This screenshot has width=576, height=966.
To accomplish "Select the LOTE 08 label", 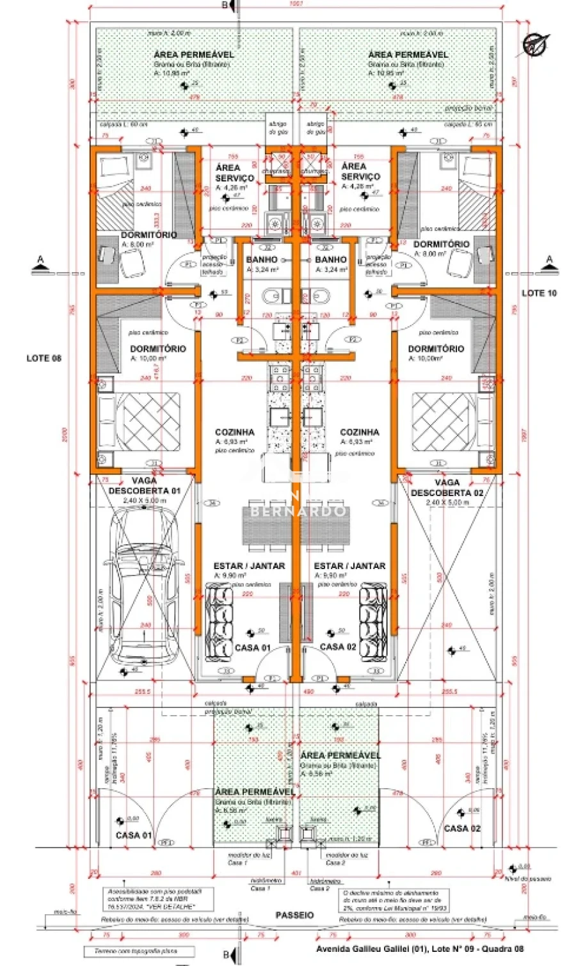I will (x=44, y=358).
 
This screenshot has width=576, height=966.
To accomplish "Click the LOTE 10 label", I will (x=539, y=293).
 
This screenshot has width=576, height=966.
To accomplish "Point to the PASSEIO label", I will (x=294, y=915).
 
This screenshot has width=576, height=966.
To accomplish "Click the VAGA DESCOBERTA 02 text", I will (x=447, y=488).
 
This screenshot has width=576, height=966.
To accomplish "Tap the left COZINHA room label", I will (x=234, y=433).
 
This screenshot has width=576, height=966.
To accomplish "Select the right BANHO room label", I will (x=331, y=260).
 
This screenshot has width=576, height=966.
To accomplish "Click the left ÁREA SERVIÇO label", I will (x=234, y=172).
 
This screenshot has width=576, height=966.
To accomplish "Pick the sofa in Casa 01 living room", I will (x=220, y=621).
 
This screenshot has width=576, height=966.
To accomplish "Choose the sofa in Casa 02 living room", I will (x=372, y=621).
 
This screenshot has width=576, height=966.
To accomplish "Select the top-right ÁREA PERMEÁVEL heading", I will (x=408, y=55).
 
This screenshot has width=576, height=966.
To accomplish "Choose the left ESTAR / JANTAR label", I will (x=249, y=566).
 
